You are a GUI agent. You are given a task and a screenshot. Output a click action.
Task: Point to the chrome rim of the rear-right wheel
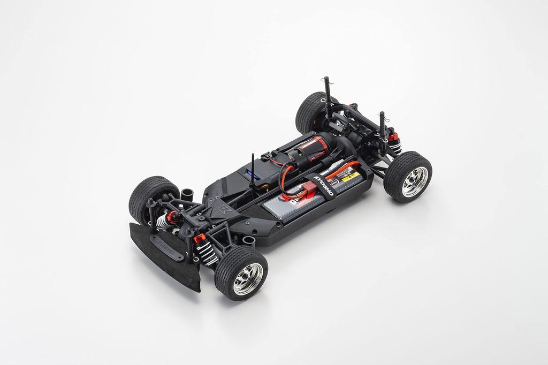pyautogui.click(x=414, y=181)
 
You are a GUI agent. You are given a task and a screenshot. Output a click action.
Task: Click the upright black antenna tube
pyautogui.click(x=253, y=171)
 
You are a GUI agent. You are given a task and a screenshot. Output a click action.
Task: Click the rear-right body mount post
pyautogui.click(x=382, y=128)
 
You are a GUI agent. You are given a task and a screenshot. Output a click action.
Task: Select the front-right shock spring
pyautogui.click(x=206, y=252)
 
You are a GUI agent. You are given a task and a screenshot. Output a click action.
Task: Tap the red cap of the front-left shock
pyautogui.click(x=172, y=217)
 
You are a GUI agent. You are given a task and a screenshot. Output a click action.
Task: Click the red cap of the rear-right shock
pyautogui.click(x=394, y=138)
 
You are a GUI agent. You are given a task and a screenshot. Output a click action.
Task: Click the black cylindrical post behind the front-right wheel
pyautogui.click(x=248, y=241)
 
